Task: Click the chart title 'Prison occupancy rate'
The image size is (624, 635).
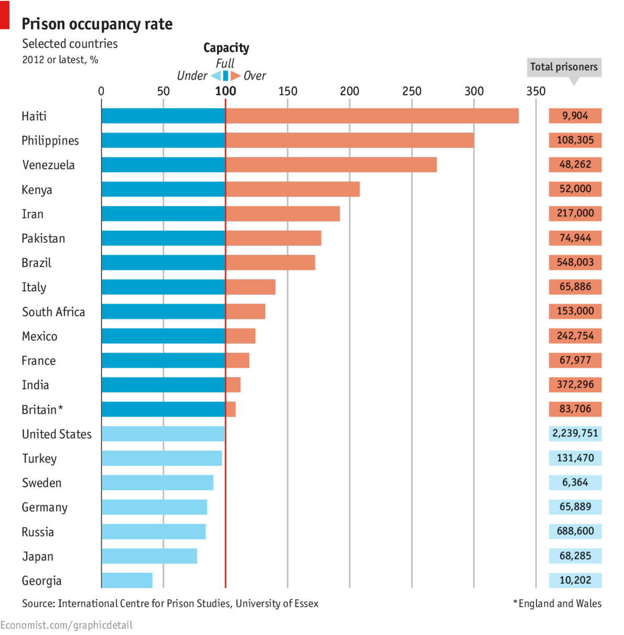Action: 97,24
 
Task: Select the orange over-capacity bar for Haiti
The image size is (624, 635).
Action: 372,116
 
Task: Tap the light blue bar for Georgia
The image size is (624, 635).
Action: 127,580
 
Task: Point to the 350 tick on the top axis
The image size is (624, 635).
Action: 535,91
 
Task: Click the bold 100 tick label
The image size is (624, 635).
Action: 225,91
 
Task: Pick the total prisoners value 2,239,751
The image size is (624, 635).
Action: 575,433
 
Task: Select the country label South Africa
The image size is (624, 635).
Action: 53,312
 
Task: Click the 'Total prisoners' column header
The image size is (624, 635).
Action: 564,67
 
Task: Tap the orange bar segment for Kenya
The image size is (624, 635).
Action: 293,189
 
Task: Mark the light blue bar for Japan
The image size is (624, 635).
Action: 149,556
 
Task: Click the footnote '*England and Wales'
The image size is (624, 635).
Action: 557,604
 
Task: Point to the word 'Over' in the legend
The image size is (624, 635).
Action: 255,76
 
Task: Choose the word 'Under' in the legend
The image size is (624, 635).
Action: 192,76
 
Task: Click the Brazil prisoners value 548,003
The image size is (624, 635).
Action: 575,262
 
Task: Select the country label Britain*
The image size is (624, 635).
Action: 42,410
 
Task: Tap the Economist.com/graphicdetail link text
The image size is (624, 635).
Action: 67,625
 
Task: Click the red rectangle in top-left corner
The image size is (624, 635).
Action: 5,14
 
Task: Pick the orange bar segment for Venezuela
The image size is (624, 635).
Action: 331,165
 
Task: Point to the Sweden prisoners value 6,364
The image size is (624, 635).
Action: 575,482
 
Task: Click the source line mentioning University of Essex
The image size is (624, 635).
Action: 170,604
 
